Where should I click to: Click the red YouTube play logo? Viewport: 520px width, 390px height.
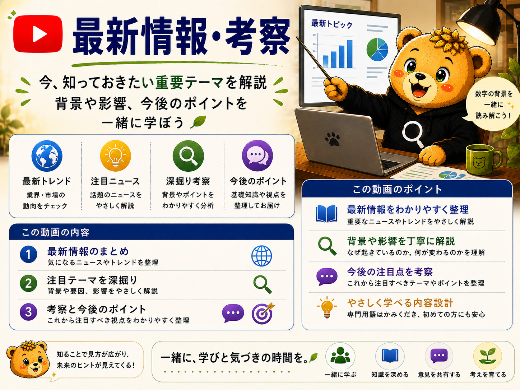(x=38, y=34)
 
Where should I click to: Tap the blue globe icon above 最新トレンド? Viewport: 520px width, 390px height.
(x=47, y=156)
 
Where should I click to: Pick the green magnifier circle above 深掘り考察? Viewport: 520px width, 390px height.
(x=188, y=156)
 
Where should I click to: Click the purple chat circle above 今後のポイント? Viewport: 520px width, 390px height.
(x=257, y=155)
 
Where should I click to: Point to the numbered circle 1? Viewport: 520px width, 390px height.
(x=28, y=255)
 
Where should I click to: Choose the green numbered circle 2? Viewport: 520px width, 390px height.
(x=28, y=283)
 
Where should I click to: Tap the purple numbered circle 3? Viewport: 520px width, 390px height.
(x=28, y=312)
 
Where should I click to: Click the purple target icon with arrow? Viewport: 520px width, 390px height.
(x=263, y=313)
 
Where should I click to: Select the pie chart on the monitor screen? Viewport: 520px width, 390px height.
(x=377, y=50)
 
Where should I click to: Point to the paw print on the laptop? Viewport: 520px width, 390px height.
(x=333, y=139)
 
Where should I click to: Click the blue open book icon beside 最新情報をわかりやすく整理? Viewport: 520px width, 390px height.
(x=326, y=214)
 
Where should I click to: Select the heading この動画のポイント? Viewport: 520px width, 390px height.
(x=397, y=190)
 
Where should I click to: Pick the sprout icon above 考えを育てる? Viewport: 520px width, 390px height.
(x=487, y=356)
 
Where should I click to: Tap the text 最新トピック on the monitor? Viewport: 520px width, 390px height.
(x=332, y=24)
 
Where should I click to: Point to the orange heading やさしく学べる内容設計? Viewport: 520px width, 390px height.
(x=400, y=303)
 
